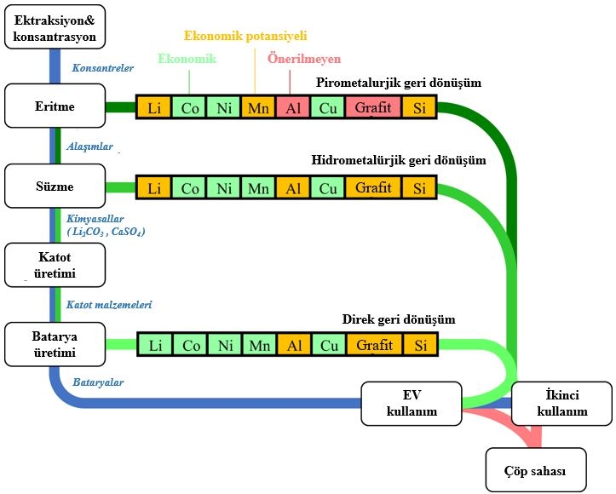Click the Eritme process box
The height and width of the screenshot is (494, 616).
point(55,107)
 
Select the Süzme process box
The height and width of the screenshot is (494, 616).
point(55,187)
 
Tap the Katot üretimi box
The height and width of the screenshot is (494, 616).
point(55,265)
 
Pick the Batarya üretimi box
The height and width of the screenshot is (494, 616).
point(55,345)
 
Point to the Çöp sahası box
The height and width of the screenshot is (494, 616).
point(536,469)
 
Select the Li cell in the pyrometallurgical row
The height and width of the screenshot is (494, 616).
point(154,108)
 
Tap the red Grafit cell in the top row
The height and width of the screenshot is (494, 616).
point(374,108)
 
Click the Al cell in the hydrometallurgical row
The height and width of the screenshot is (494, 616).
point(293,187)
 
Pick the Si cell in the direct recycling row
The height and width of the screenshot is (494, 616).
point(419,345)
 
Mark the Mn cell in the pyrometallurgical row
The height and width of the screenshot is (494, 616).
point(258,108)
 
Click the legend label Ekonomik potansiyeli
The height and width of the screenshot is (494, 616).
point(245,36)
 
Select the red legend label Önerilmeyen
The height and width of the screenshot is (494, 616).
point(304,59)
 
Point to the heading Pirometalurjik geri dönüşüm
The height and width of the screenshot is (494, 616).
point(399,83)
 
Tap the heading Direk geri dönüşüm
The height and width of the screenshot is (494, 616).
point(399,319)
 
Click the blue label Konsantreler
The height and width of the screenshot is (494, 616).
point(103,67)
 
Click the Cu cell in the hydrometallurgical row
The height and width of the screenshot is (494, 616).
point(328,187)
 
